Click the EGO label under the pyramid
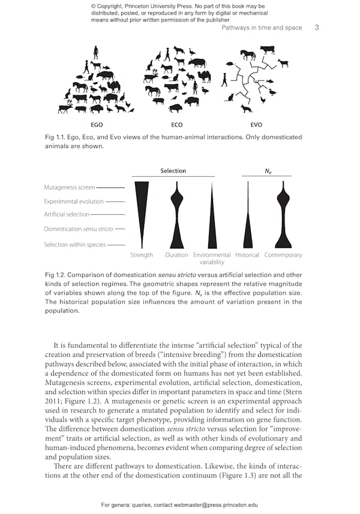click(x=97, y=125)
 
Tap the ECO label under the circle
click(x=176, y=125)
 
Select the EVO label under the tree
click(x=256, y=125)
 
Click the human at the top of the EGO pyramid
click(x=97, y=53)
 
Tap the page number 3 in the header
click(x=317, y=28)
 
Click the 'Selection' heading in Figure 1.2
click(x=173, y=171)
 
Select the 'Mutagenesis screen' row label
click(x=69, y=188)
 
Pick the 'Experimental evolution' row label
click(x=74, y=202)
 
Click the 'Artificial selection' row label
click(x=67, y=214)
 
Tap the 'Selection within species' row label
click(x=74, y=245)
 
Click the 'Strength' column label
click(x=142, y=255)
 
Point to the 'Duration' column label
click(x=176, y=255)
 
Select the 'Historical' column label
click(x=247, y=255)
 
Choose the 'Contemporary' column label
click(x=283, y=255)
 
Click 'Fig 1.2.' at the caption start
click(x=56, y=275)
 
